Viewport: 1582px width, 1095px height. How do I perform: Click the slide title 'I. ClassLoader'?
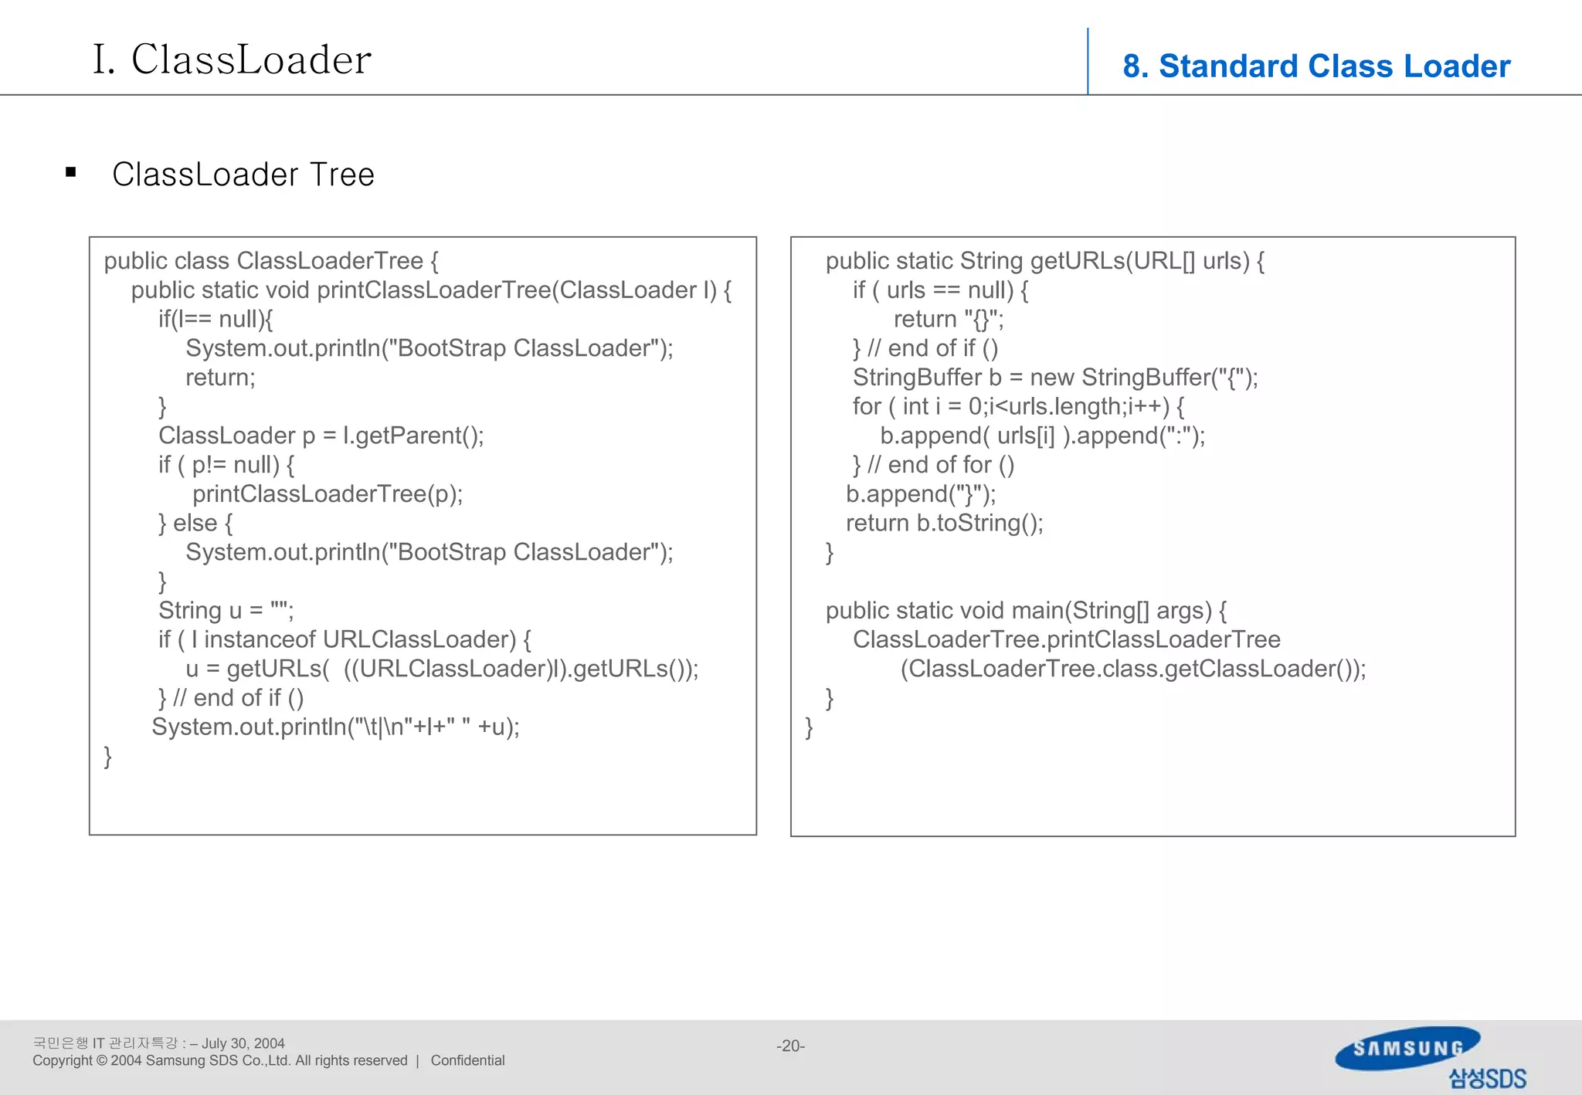(232, 59)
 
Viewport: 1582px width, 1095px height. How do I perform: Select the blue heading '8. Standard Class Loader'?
(1316, 66)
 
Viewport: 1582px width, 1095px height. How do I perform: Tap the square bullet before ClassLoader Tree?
(71, 172)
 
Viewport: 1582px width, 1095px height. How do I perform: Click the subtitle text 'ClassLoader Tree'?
(243, 175)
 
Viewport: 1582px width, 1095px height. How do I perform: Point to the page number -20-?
(790, 1046)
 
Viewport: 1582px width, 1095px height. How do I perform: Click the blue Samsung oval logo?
(1407, 1048)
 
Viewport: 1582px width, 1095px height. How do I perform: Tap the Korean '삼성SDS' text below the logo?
(1487, 1078)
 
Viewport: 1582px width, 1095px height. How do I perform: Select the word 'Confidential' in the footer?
(467, 1060)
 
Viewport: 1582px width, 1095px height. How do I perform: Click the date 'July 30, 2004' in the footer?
(243, 1043)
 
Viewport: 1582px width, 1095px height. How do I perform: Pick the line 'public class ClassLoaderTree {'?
(271, 261)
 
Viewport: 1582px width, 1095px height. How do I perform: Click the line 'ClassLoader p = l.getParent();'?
(321, 436)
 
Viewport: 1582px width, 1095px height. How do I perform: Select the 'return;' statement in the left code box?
(220, 378)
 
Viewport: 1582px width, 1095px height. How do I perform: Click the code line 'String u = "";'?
(226, 610)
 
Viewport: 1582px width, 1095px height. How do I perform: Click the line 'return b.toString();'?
(944, 523)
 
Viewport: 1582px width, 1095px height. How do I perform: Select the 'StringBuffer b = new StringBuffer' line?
(1054, 378)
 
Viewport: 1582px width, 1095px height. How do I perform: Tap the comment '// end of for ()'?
(940, 465)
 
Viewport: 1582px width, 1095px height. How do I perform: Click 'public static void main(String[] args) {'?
(1026, 610)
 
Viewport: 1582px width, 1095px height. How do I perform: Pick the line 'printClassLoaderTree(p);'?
(328, 494)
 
